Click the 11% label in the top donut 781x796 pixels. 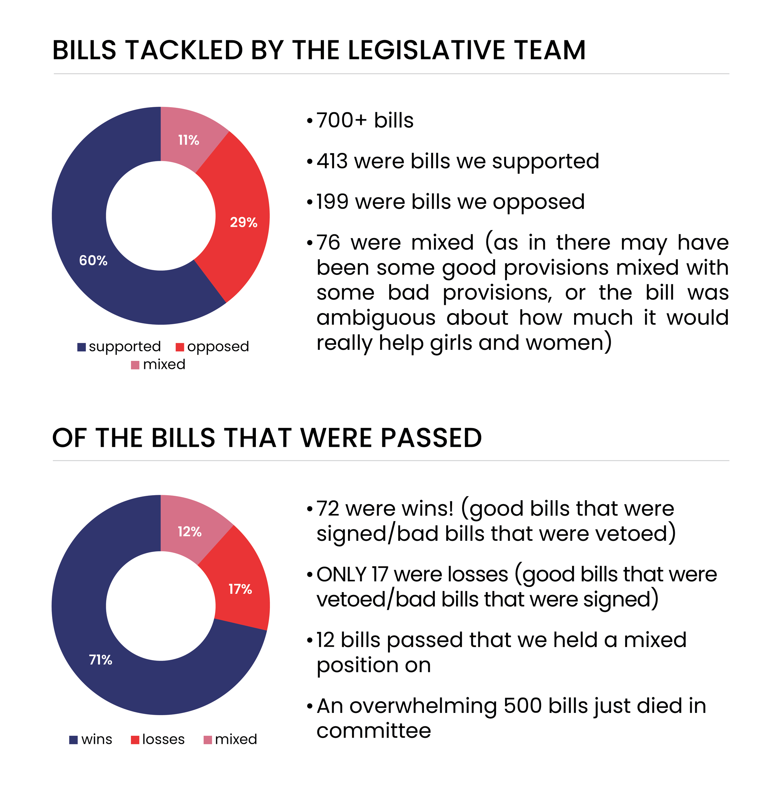[x=188, y=140]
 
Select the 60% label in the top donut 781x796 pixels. [x=93, y=261]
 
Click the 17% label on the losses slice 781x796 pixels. [x=240, y=589]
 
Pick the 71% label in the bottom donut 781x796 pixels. [x=101, y=659]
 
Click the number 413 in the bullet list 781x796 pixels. [x=332, y=161]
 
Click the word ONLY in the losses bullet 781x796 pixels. [x=341, y=574]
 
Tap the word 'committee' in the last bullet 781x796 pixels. [x=374, y=730]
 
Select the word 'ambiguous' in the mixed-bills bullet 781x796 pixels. [x=376, y=318]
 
